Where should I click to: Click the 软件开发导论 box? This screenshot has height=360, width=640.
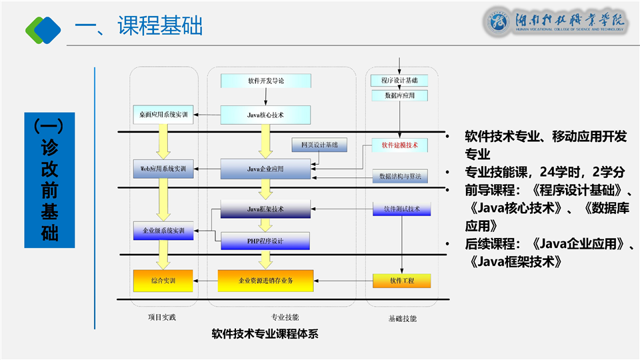pos(265,81)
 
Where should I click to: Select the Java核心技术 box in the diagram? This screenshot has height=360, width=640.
pos(265,115)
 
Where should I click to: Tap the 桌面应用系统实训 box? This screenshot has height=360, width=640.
pos(163,115)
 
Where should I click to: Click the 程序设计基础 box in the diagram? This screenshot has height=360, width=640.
pos(399,81)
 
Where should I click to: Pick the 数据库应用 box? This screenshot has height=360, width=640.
pos(399,95)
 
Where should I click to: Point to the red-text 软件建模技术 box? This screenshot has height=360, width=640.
pos(399,145)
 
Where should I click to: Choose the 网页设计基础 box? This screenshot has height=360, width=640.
pos(319,145)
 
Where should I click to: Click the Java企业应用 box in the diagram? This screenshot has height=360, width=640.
pos(265,169)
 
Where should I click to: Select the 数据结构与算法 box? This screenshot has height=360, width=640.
pos(399,176)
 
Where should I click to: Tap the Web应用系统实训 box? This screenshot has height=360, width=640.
pos(163,169)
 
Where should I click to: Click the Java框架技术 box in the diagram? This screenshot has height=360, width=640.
pos(265,209)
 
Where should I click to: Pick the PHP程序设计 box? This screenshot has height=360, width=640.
pos(265,241)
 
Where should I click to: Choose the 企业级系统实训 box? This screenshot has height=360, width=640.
pos(163,231)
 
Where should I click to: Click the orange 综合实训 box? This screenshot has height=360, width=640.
pos(163,281)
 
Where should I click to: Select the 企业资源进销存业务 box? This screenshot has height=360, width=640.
pos(265,281)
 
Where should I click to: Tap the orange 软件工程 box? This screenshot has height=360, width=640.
pos(401,281)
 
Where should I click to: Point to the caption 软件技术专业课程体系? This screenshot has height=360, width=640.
pos(265,333)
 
